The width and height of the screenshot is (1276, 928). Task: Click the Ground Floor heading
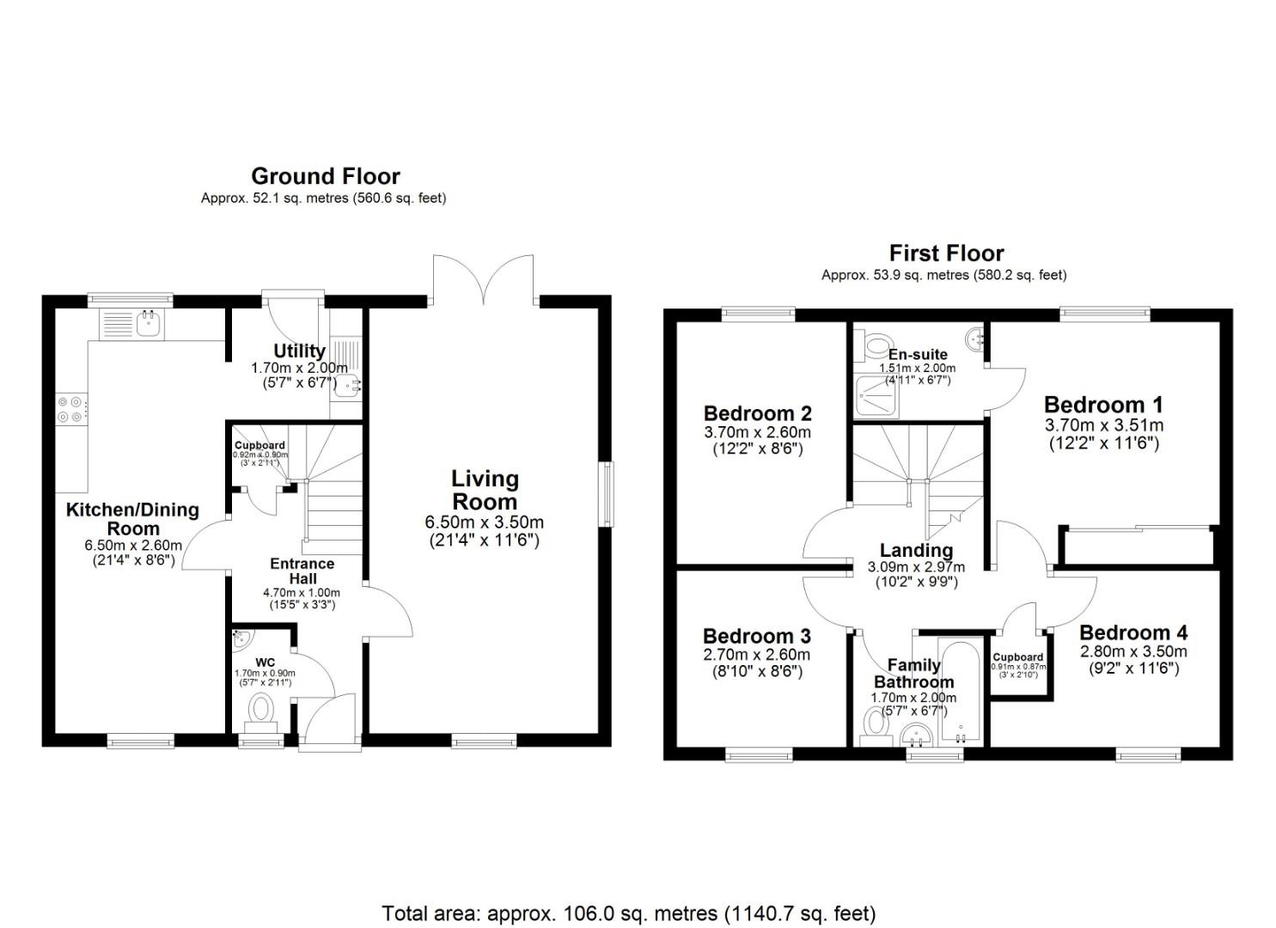[x=325, y=176]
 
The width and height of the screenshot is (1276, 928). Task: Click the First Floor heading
[x=946, y=253]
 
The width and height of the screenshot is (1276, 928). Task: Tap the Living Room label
[x=485, y=491]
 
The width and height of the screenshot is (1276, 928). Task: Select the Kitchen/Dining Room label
[x=132, y=519]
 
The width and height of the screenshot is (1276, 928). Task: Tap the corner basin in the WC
[x=241, y=638]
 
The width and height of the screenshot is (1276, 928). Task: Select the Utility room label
[x=299, y=351]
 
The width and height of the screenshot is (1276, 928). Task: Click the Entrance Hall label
[x=302, y=571]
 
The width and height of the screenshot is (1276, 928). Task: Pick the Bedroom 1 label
[x=1103, y=405]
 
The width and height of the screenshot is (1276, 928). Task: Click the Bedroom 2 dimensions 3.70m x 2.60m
[x=757, y=432]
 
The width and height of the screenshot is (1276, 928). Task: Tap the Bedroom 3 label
[x=756, y=636]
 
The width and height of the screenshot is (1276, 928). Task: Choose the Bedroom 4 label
[x=1133, y=633]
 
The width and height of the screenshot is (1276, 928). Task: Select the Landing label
[x=916, y=550]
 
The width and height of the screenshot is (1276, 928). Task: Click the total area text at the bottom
[x=628, y=913]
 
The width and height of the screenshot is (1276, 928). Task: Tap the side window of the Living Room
[x=608, y=493]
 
